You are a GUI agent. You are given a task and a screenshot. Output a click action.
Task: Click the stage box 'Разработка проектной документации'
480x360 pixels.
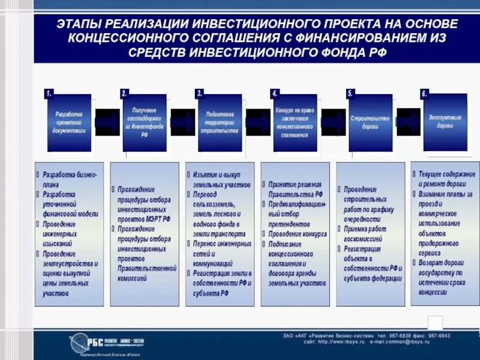[70, 122]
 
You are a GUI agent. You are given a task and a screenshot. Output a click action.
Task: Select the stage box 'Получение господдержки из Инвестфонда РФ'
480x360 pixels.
[145, 122]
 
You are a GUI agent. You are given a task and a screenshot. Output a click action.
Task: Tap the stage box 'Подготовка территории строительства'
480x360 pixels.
[220, 122]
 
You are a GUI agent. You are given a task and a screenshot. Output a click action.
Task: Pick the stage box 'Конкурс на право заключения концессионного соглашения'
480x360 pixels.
[295, 122]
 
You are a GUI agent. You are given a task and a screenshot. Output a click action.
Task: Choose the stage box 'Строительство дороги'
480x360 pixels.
[370, 122]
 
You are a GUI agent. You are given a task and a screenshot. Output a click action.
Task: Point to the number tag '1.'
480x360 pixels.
[49, 94]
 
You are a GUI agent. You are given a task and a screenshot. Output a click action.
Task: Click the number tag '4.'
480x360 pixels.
[274, 94]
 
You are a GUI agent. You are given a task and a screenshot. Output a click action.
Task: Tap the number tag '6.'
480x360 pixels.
[424, 94]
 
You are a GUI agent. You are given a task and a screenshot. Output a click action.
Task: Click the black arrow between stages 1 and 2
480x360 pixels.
[107, 122]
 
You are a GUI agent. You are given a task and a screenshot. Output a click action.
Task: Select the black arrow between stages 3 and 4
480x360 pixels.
[257, 122]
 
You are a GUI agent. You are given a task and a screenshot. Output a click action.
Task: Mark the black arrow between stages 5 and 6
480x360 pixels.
[408, 122]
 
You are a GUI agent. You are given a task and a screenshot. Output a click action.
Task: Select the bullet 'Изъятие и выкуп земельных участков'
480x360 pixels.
[221, 179]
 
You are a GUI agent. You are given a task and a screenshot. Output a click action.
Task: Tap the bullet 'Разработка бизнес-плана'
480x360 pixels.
[70, 179]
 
